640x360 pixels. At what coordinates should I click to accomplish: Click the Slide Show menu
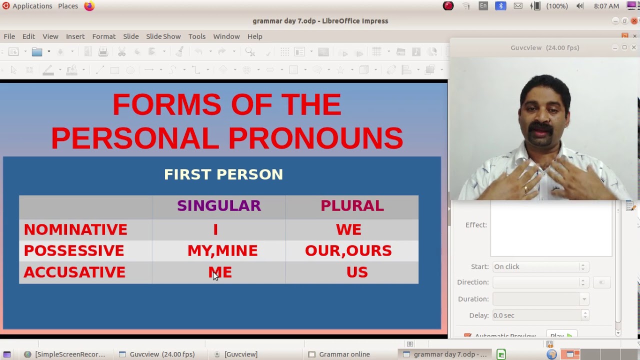[x=163, y=36]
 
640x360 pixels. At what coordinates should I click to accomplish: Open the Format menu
[x=104, y=36]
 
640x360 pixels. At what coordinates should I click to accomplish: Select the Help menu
[x=254, y=36]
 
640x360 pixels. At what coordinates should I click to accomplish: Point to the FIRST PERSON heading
[x=223, y=174]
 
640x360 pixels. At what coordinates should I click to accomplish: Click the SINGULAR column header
[x=219, y=206]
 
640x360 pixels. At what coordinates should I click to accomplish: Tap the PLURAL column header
[x=352, y=206]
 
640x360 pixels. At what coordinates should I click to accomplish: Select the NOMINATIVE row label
[x=75, y=229]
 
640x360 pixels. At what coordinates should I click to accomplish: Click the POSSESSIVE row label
[x=74, y=250]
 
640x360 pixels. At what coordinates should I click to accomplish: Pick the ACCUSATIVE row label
[x=74, y=272]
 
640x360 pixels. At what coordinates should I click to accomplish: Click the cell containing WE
[x=348, y=229]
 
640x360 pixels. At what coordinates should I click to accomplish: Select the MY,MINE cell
[x=222, y=250]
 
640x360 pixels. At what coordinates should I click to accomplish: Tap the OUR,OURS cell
[x=348, y=250]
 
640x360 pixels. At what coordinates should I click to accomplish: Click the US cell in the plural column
[x=357, y=272]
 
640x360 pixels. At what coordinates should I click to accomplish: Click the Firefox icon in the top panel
[x=89, y=6]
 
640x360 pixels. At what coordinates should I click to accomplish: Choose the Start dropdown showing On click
[x=539, y=267]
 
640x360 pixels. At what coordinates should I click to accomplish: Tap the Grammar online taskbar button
[x=344, y=354]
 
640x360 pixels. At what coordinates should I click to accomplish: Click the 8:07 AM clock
[x=606, y=6]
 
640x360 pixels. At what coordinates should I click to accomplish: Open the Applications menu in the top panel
[x=32, y=6]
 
